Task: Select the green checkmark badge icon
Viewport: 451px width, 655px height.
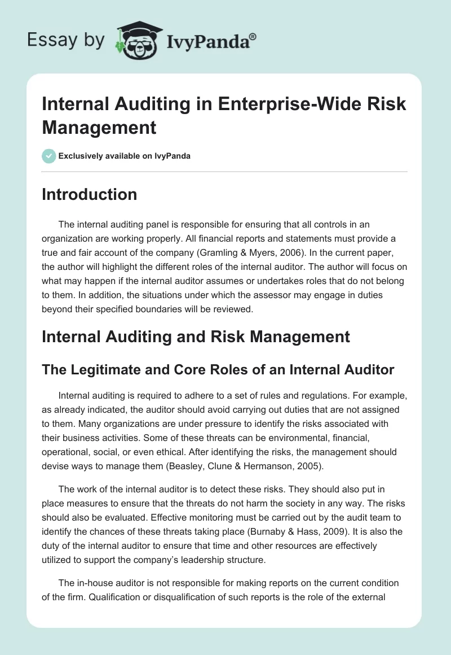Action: point(49,156)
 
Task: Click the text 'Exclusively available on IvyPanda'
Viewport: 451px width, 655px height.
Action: point(125,156)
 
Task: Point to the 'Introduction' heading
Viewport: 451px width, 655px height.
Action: point(90,195)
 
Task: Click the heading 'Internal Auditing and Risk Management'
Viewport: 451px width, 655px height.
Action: point(196,337)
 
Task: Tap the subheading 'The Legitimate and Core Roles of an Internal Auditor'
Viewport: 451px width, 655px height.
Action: point(218,370)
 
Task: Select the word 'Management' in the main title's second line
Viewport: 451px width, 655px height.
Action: point(99,127)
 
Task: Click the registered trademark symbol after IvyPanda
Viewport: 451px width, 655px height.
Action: point(253,36)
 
